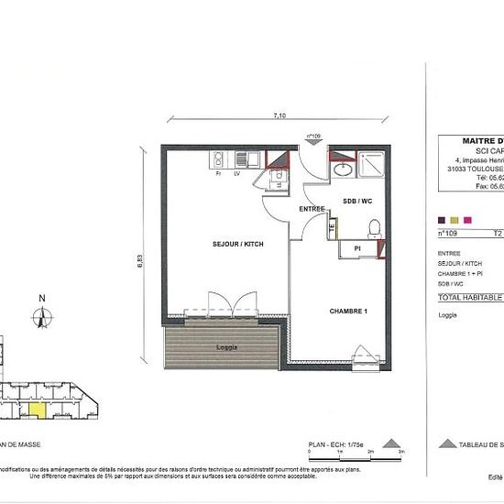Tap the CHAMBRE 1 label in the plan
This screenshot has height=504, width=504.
[348, 312]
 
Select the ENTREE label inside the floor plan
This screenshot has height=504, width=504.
[312, 210]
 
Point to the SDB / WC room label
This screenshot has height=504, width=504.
[356, 200]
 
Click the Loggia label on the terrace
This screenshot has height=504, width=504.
[228, 348]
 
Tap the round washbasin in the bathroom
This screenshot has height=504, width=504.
[342, 170]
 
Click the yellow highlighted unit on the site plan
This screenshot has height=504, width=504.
[36, 411]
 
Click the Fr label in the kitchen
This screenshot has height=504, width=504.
[218, 172]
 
